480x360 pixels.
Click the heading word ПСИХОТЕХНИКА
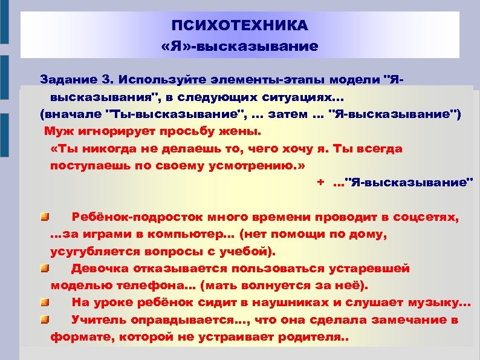pyautogui.click(x=239, y=26)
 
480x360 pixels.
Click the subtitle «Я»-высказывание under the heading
pyautogui.click(x=239, y=46)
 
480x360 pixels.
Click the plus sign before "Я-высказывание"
pyautogui.click(x=320, y=182)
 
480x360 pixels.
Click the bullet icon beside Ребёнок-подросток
pyautogui.click(x=45, y=216)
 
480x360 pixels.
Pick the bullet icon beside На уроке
pyautogui.click(x=45, y=301)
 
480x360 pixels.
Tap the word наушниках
pyautogui.click(x=279, y=302)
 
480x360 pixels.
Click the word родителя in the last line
pyautogui.click(x=305, y=337)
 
